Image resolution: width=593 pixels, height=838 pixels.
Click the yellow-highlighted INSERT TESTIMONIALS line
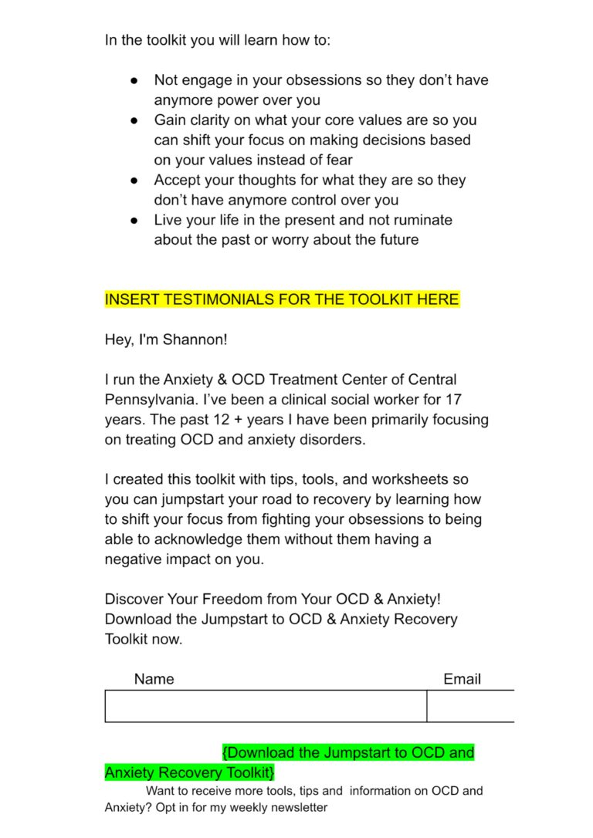[282, 299]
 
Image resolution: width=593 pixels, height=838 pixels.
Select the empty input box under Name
[266, 706]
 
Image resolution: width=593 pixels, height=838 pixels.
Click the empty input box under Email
[470, 706]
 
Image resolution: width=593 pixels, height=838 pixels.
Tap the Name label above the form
[154, 679]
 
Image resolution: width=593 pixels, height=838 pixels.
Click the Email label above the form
[462, 679]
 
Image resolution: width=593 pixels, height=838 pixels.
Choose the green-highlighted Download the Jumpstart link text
[347, 752]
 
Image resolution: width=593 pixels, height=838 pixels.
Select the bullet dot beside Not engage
[134, 80]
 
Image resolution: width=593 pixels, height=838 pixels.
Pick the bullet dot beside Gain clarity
[134, 120]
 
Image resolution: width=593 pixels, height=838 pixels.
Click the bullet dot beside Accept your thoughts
[134, 181]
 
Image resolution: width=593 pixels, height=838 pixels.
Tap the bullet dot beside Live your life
[134, 221]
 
